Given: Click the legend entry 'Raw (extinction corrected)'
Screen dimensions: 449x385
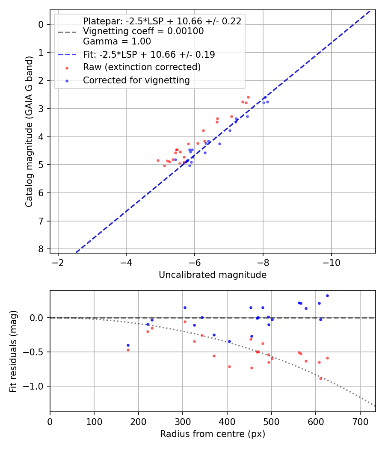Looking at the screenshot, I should tap(142, 67).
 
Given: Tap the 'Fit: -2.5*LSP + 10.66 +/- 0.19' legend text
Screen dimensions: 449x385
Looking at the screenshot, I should tap(149, 54).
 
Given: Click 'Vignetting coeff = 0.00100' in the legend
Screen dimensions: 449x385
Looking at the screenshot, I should tap(143, 31).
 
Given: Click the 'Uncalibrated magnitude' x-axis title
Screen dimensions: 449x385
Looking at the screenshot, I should tap(213, 275).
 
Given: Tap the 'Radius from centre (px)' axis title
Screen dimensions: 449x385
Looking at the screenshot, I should tap(213, 434).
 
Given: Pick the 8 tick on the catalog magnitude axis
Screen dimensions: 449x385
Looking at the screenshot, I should tap(41, 249).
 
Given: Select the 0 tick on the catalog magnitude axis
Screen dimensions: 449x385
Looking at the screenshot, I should tap(41, 24).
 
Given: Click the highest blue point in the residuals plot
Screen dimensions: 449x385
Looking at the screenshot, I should tap(327, 295).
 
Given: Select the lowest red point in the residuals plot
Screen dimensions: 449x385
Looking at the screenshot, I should tap(320, 378).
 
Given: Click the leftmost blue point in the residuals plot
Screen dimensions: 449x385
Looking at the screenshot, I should tap(128, 345).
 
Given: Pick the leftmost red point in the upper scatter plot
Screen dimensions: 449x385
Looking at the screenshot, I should tap(158, 160).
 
